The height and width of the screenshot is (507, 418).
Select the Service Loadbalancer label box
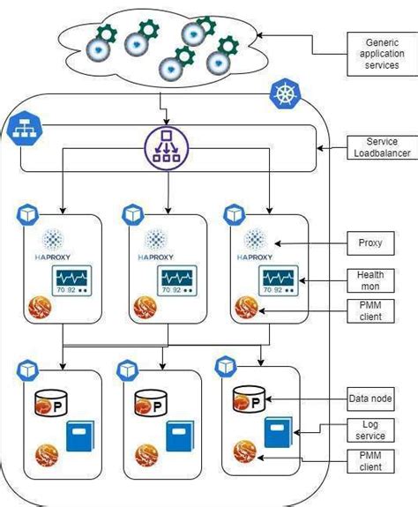coord(377,148)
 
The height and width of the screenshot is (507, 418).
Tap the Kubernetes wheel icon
coord(287,93)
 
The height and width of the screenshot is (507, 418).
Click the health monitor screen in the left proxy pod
coord(73,281)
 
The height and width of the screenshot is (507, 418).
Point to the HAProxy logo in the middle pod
coord(155,244)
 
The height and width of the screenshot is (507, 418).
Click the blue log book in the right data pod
coord(278,431)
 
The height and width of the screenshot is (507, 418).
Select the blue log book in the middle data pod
coord(179,436)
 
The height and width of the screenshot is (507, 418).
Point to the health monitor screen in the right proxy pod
coord(278,280)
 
